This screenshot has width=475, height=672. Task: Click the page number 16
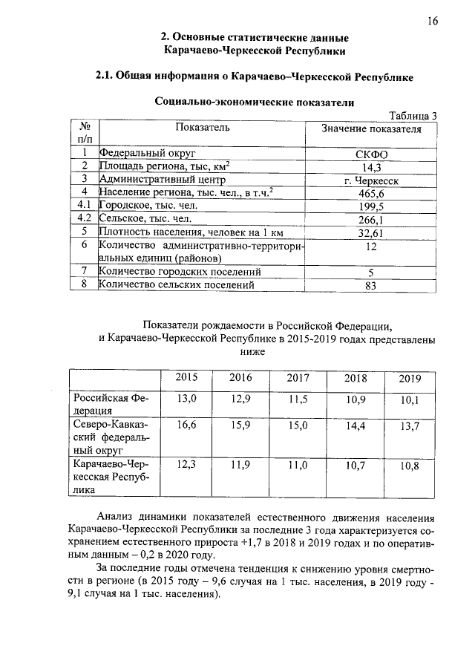[x=432, y=22]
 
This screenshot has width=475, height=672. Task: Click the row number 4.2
[x=84, y=219]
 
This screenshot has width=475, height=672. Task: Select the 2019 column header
[x=410, y=379]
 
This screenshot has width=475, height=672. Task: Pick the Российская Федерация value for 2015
[x=186, y=399]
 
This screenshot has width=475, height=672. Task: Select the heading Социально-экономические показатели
[x=253, y=102]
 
